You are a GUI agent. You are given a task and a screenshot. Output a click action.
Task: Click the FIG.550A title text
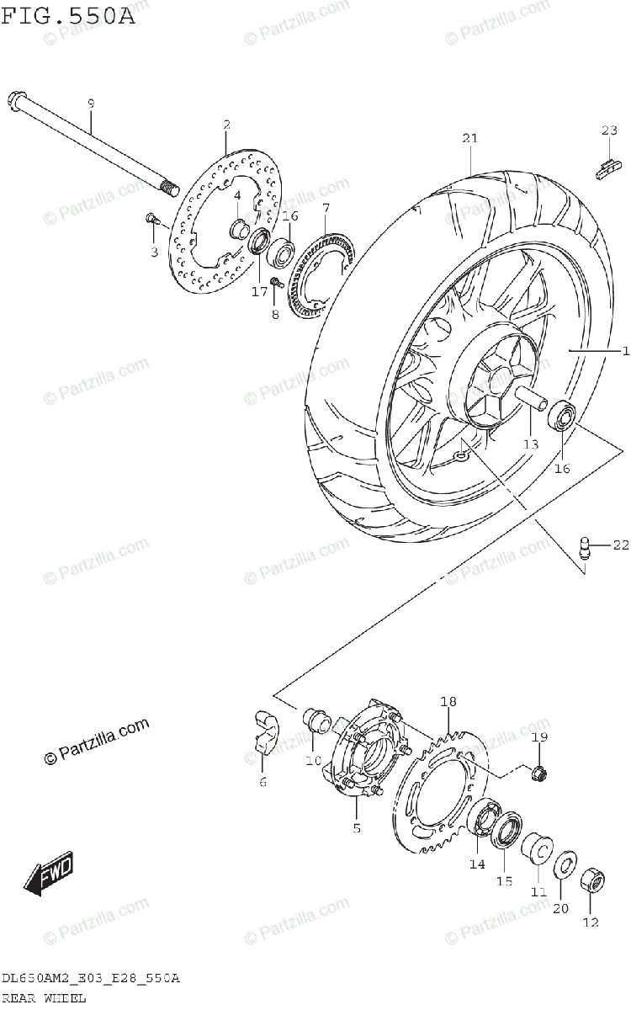coord(67,14)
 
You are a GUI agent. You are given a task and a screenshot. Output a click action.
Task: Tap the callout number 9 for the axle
coord(91,103)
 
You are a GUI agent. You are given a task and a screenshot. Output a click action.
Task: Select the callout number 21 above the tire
coord(468,139)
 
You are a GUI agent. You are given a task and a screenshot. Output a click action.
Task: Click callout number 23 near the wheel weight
coord(609,130)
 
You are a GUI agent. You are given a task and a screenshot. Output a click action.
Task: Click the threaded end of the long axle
coord(169,187)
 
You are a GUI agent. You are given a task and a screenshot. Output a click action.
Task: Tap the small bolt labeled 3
coord(151,219)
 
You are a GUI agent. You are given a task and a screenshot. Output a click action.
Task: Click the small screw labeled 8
coord(275,283)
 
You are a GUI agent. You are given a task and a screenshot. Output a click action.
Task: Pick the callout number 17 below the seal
coord(258,291)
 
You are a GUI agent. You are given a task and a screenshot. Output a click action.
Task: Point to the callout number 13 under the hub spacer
coord(530,444)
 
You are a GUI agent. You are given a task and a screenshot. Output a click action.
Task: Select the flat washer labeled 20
coord(565,865)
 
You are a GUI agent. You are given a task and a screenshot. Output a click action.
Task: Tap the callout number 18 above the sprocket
coord(448,702)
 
